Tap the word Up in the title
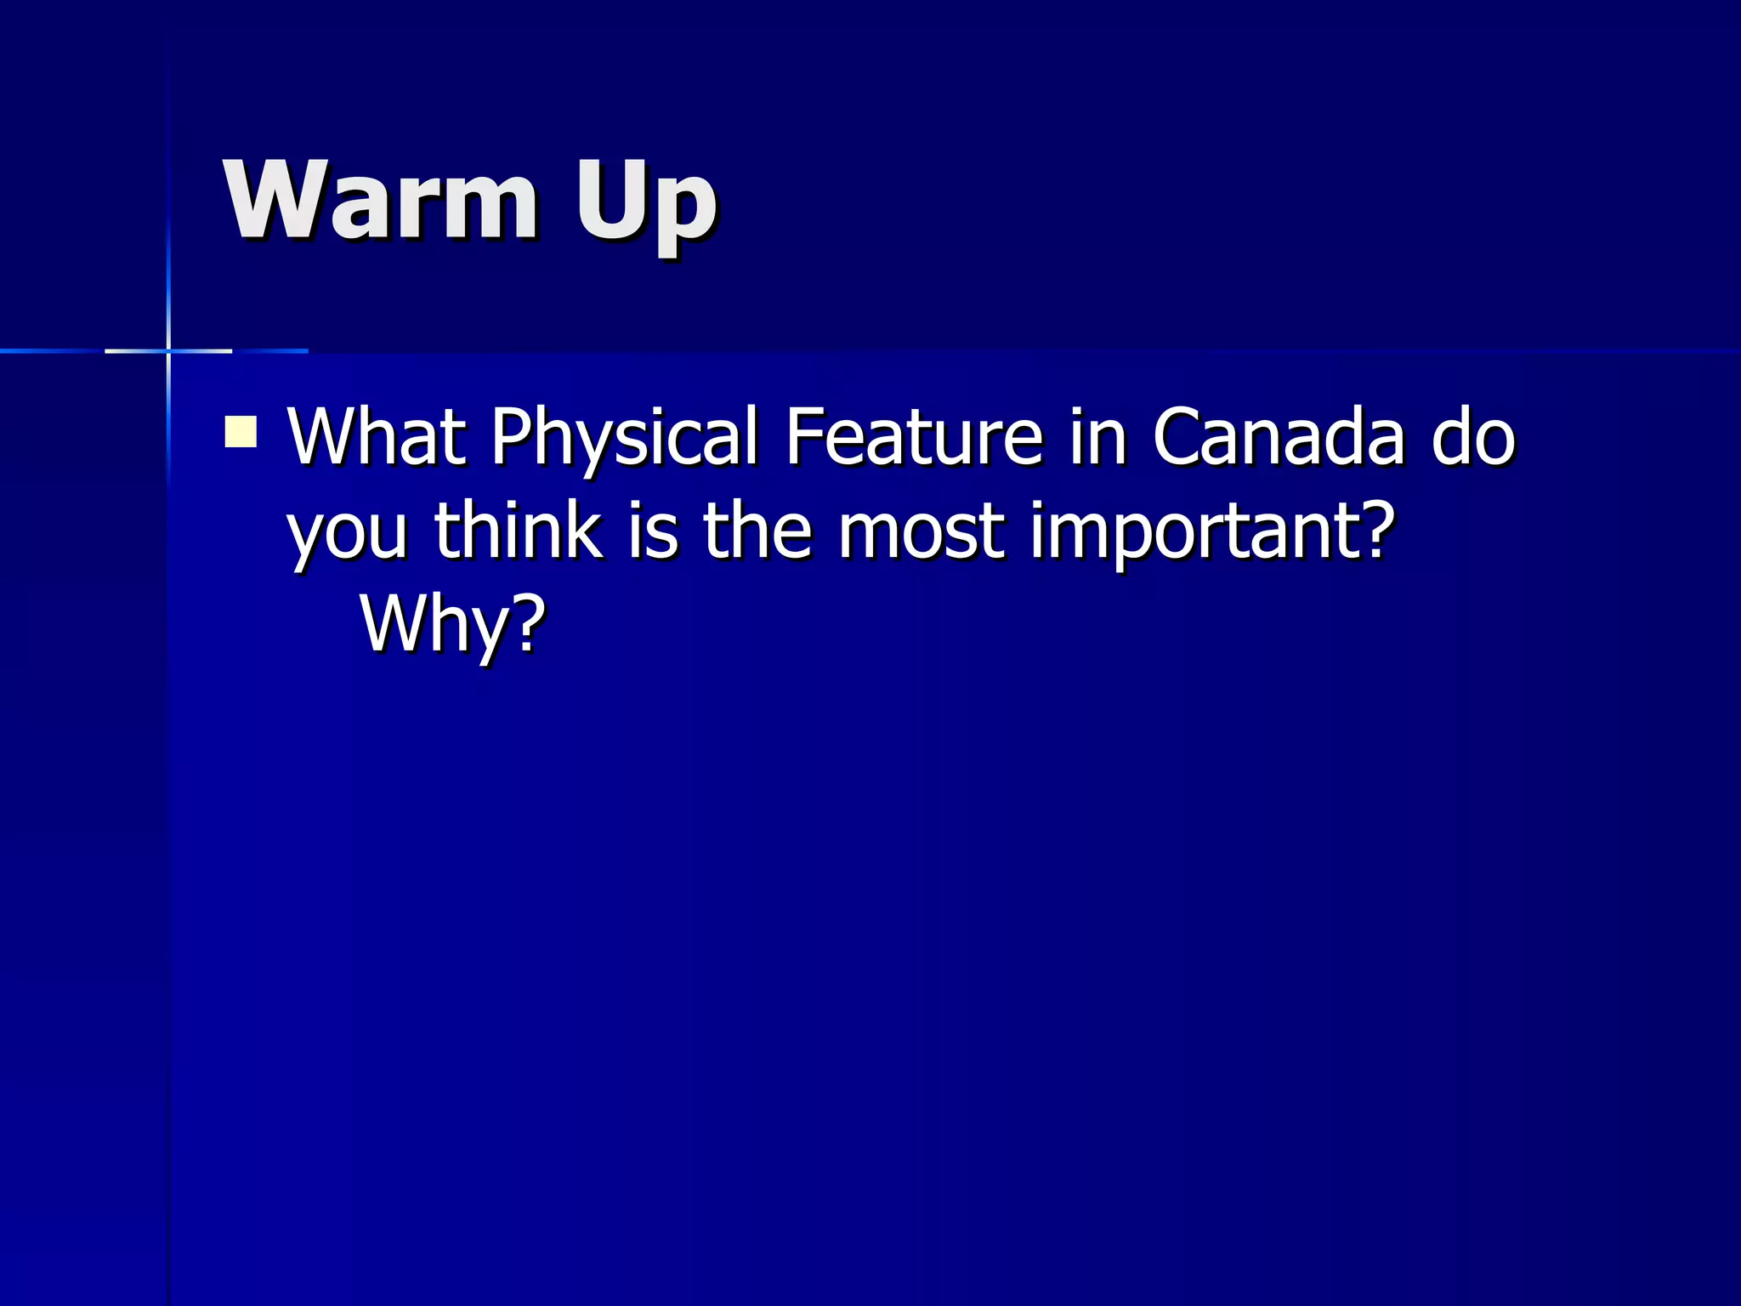coord(646,204)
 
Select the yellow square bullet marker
coord(241,431)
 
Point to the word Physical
coord(625,440)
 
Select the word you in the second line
coord(348,534)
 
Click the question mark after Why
coord(528,622)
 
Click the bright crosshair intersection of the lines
coord(168,350)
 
